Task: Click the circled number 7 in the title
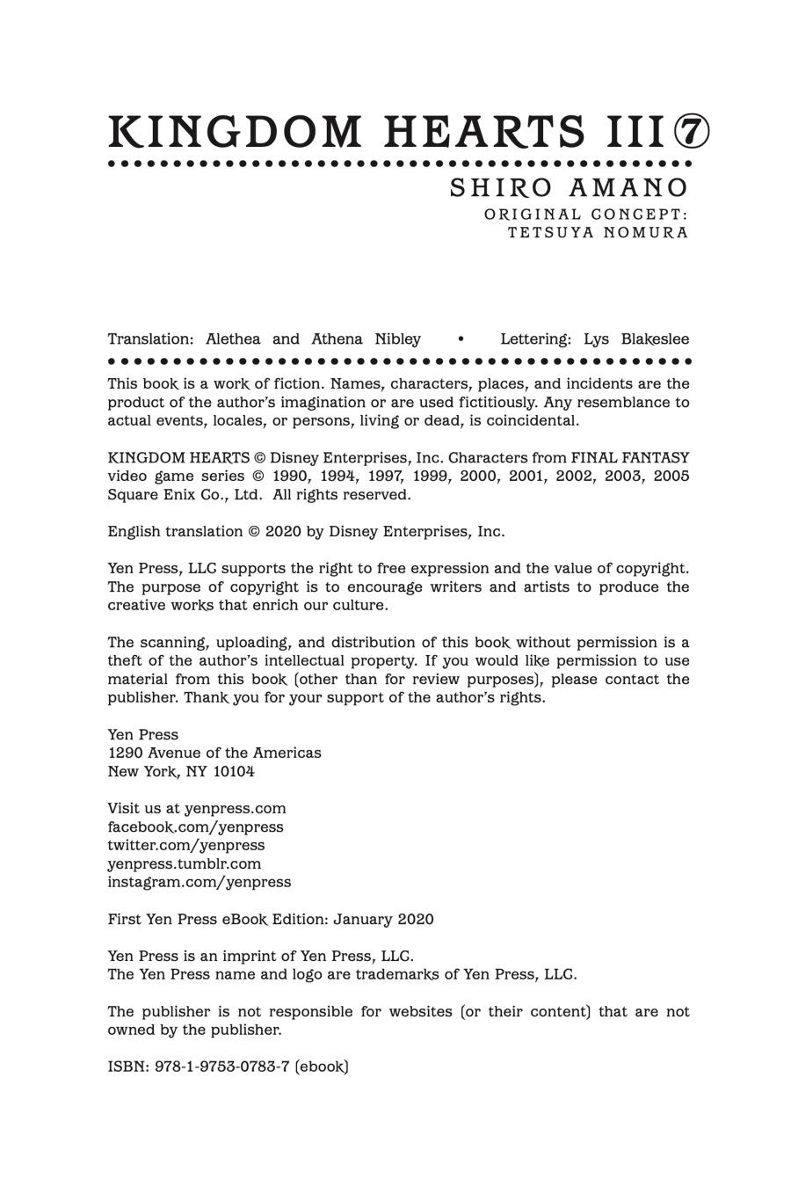pyautogui.click(x=692, y=132)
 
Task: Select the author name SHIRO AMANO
pyautogui.click(x=569, y=188)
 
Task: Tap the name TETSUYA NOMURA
pyautogui.click(x=598, y=233)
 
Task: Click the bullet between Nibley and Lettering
pyautogui.click(x=461, y=339)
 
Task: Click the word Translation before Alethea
pyautogui.click(x=150, y=339)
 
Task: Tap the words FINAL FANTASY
pyautogui.click(x=630, y=457)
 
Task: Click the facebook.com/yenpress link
pyautogui.click(x=195, y=827)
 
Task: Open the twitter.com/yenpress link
pyautogui.click(x=185, y=845)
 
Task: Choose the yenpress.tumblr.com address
pyautogui.click(x=185, y=863)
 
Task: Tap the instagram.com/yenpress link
pyautogui.click(x=199, y=882)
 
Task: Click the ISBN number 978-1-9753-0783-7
pyautogui.click(x=222, y=1067)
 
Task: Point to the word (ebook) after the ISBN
pyautogui.click(x=322, y=1067)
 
